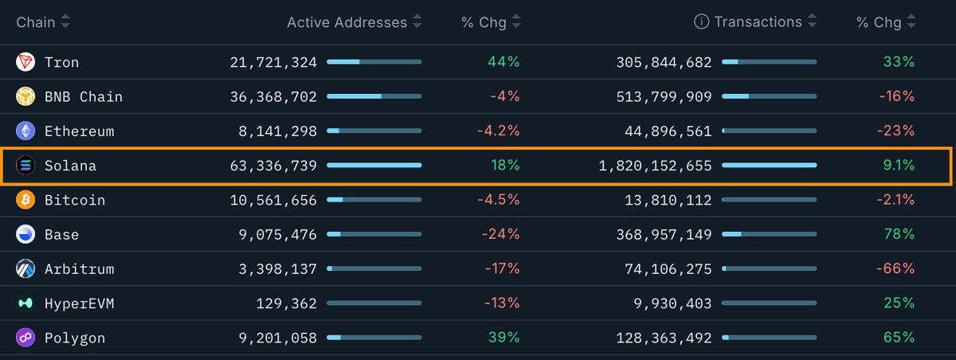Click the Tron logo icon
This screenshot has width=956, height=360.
coord(25,62)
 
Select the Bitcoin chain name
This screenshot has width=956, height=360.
coord(75,200)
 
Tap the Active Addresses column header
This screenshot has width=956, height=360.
coord(347,22)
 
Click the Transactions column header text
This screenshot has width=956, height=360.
coord(758,22)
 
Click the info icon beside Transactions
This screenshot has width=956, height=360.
coord(701,22)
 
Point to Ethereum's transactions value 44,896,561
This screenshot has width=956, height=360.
coord(664,131)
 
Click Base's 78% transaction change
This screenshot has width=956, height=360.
coord(899,235)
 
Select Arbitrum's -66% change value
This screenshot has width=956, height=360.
coord(895,269)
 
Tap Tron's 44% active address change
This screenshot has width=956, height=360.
coord(503,62)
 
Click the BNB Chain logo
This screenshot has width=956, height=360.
coord(25,97)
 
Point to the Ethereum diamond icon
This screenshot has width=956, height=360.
coord(25,131)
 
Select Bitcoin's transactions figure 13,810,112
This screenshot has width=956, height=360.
coord(664,200)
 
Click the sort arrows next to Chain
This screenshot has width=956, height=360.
coord(65,22)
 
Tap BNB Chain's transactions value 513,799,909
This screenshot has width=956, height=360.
coord(664,97)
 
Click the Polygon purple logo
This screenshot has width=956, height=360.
coord(25,338)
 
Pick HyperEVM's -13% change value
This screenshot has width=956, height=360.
coord(502,303)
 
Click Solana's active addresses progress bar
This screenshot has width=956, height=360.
coord(374,166)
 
